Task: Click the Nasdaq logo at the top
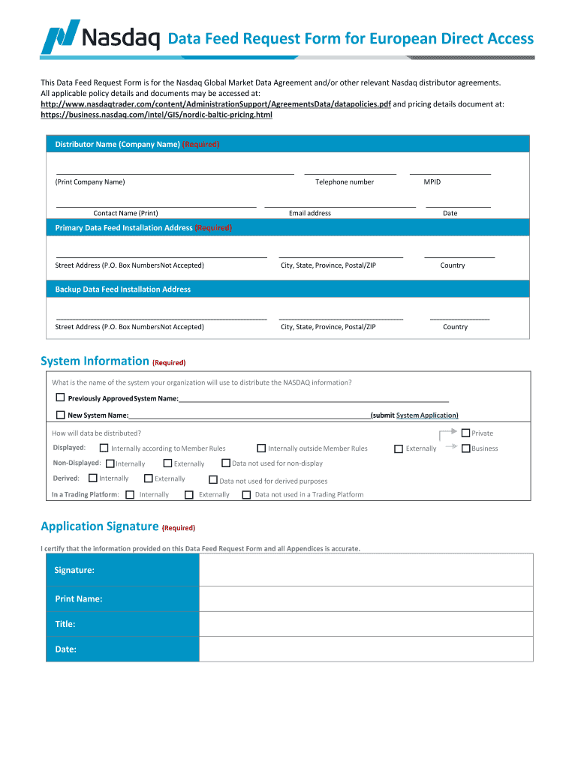101,37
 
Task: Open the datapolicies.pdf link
215,104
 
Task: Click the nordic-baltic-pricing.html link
156,115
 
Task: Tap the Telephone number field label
345,182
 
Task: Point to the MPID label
432,182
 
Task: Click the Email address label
310,213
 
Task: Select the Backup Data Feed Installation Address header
123,289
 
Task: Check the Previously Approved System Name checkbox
60,398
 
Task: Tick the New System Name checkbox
60,415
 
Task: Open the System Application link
426,415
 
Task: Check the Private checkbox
465,433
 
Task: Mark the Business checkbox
465,448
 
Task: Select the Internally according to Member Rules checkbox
104,448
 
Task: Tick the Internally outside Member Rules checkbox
261,448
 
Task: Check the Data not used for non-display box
225,463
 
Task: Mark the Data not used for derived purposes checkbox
212,480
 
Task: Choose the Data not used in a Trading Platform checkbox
246,494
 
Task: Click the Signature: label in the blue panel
74,571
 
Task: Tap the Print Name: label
78,598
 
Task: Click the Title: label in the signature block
65,624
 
